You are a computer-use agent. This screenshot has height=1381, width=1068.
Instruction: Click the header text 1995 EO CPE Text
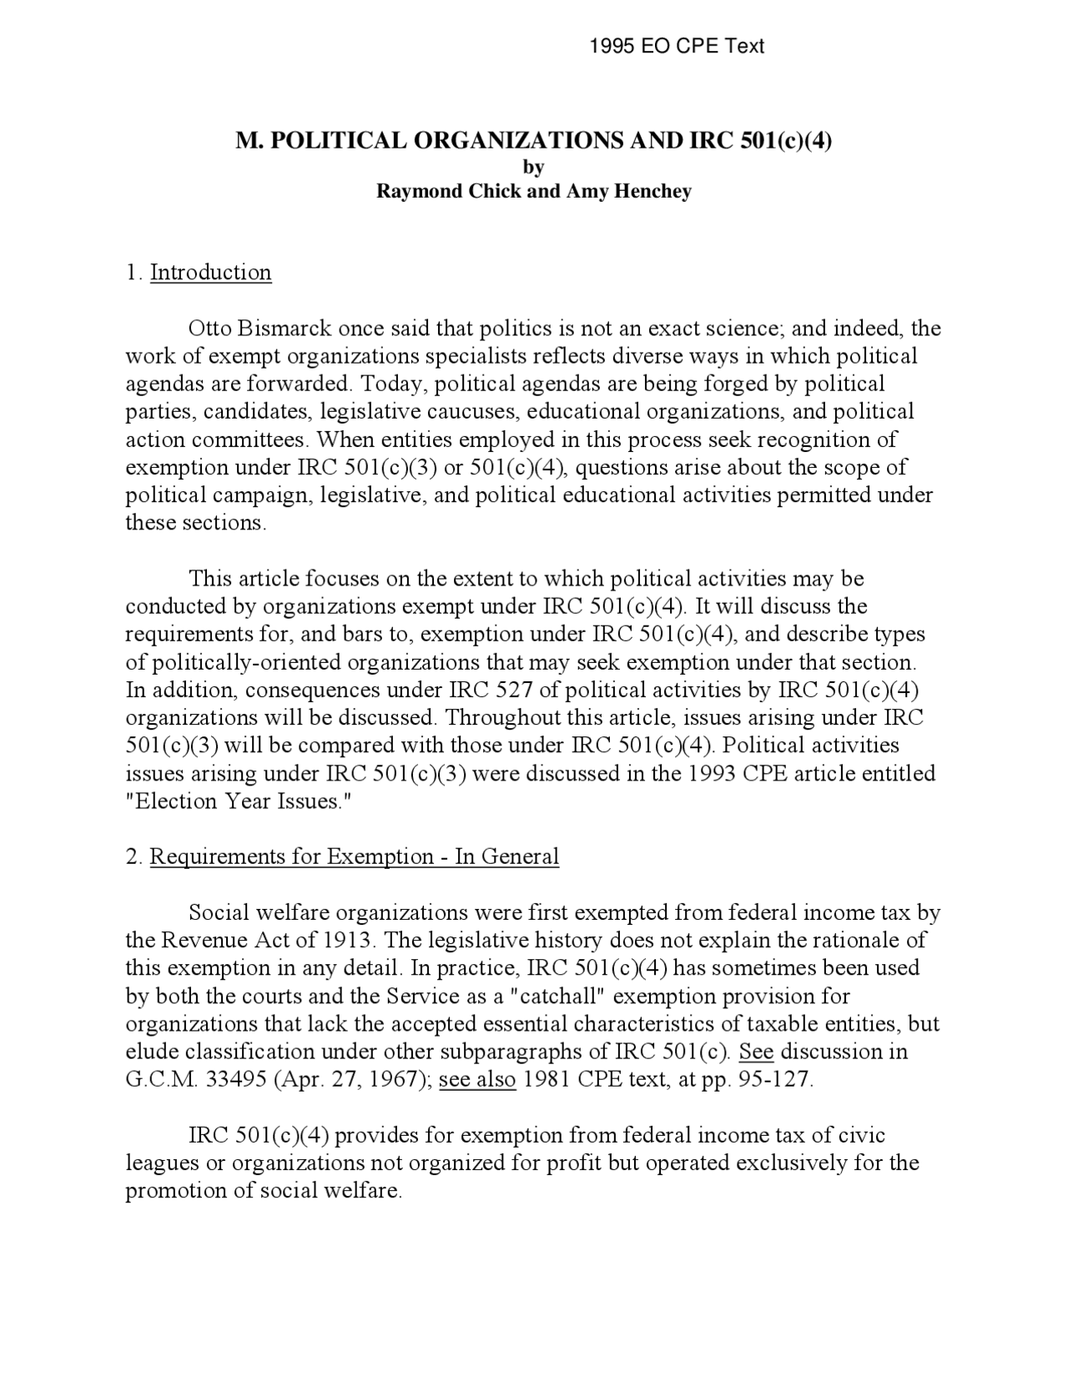676,46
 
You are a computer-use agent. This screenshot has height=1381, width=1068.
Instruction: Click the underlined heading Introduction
210,273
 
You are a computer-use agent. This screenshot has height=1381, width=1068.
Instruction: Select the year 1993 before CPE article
712,774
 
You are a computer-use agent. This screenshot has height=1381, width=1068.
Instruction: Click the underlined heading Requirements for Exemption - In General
354,857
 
